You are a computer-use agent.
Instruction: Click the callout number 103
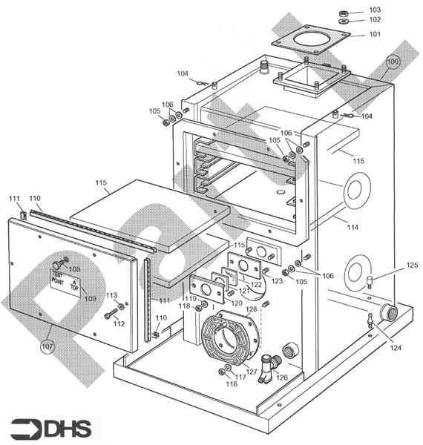[375, 10]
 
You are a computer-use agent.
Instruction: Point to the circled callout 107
[48, 344]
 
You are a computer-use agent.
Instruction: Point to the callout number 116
[232, 384]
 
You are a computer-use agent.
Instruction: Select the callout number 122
[256, 285]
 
